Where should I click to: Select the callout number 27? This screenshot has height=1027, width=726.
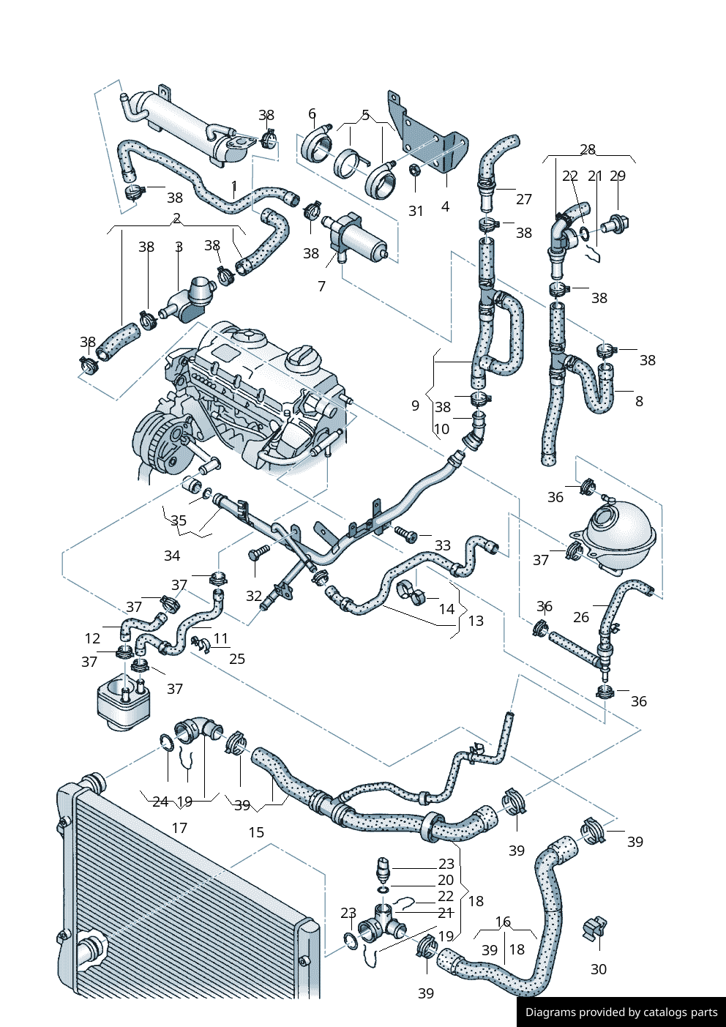pos(523,199)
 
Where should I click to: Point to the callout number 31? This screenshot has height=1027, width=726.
pos(416,211)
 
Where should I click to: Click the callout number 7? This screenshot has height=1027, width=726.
pos(321,286)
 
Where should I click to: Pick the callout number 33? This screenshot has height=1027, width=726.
pos(442,545)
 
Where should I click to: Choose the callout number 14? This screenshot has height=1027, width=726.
pos(446,609)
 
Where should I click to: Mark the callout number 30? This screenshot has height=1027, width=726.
pos(599,969)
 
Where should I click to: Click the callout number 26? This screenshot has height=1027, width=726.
pos(581,617)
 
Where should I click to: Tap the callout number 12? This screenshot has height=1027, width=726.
pos(92,638)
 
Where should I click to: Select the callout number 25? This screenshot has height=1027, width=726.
pos(237,659)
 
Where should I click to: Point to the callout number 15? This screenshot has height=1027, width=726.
pos(256,832)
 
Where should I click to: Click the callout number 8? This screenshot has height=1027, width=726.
pos(639,401)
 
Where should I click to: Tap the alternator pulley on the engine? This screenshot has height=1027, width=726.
pos(155,442)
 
